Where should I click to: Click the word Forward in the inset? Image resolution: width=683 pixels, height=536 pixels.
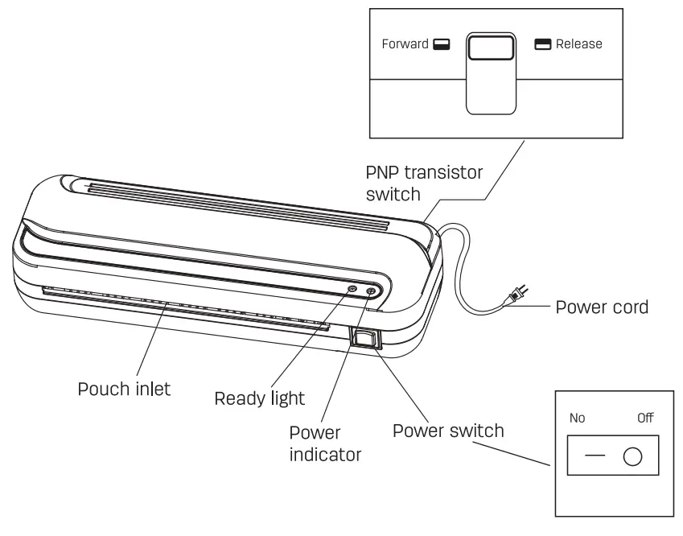coord(405,44)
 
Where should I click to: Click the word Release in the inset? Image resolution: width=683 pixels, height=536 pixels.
coord(578,44)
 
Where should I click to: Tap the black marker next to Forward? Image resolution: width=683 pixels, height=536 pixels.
coord(440,45)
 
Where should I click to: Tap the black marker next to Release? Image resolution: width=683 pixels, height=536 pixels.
coord(544,45)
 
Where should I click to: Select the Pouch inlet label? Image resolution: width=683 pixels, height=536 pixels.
coord(124,390)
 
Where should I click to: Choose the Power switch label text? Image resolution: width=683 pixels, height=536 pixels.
coord(448,431)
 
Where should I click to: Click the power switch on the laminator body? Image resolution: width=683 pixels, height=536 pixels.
coord(363,339)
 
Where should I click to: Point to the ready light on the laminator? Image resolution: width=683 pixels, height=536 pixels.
coord(352,288)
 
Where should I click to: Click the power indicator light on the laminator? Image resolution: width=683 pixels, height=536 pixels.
coord(371,291)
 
